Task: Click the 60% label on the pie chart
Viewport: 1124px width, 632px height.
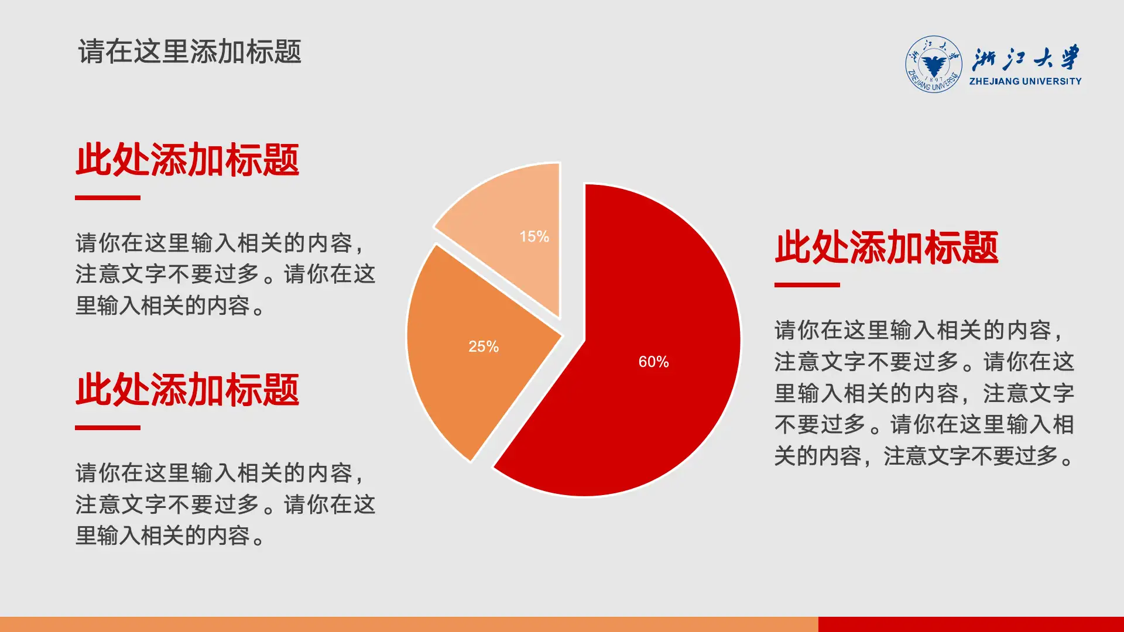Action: point(653,362)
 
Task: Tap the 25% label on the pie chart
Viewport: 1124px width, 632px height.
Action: point(484,346)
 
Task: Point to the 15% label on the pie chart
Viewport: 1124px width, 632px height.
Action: point(534,236)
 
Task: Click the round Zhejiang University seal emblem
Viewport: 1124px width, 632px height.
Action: point(933,64)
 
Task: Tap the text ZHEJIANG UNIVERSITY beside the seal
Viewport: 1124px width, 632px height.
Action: point(1025,81)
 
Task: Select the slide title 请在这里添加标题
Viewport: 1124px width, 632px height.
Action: point(190,51)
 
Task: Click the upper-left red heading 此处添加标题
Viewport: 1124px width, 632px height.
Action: point(187,160)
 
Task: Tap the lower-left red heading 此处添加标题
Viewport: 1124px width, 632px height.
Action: point(187,390)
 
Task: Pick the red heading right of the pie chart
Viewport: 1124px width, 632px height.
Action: point(886,248)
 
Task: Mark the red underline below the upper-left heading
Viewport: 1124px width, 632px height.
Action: point(108,198)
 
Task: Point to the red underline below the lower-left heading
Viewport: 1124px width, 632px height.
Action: point(108,428)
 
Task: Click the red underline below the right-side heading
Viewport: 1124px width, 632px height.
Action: point(807,285)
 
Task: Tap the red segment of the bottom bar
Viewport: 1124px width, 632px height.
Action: point(971,624)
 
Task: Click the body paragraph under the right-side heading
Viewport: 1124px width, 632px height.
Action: point(924,393)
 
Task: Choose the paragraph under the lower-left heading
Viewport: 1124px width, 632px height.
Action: point(225,504)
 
